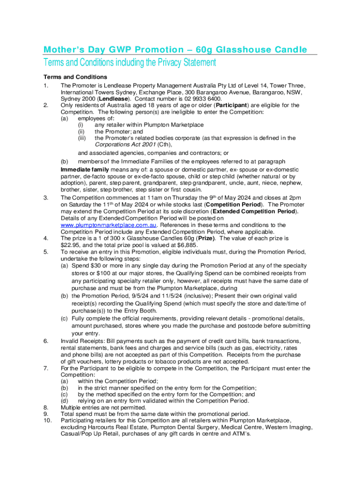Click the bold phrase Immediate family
click(85, 169)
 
